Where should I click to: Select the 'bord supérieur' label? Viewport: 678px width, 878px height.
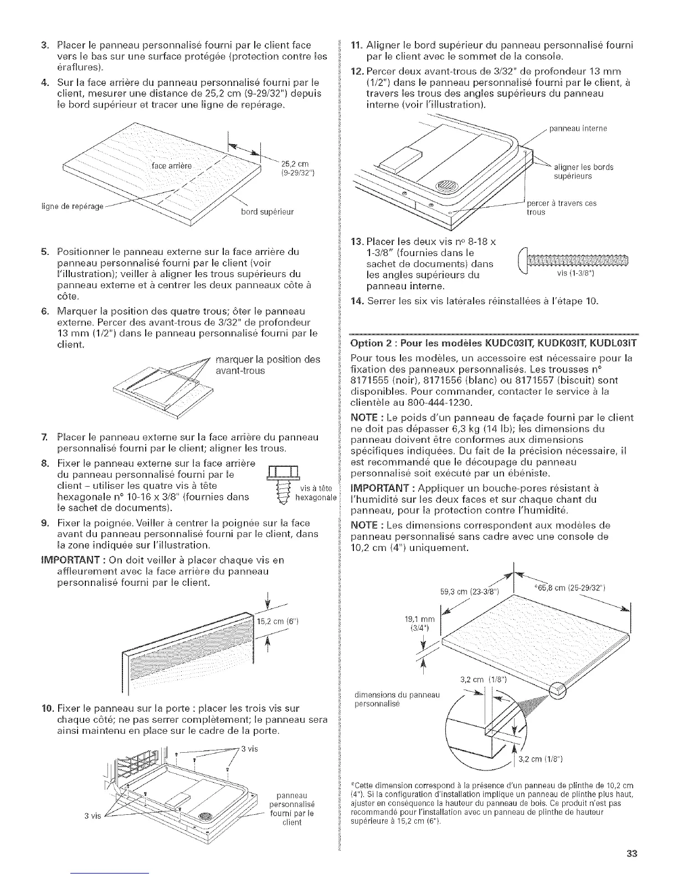click(x=267, y=212)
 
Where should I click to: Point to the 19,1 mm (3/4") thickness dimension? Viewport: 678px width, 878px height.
click(x=422, y=623)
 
